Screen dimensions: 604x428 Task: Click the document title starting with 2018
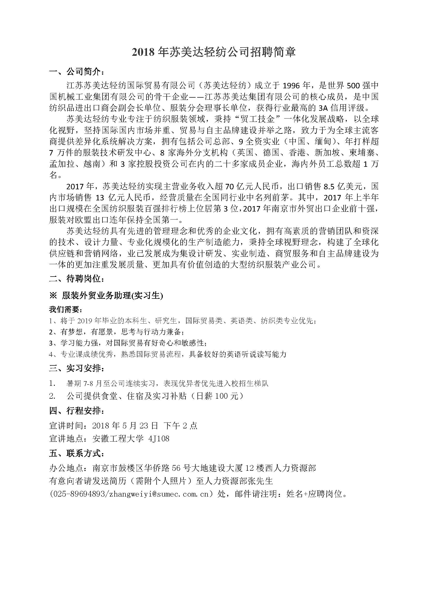click(x=214, y=52)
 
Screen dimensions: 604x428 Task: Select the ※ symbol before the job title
click(x=53, y=296)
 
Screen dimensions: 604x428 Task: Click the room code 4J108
click(x=159, y=438)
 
